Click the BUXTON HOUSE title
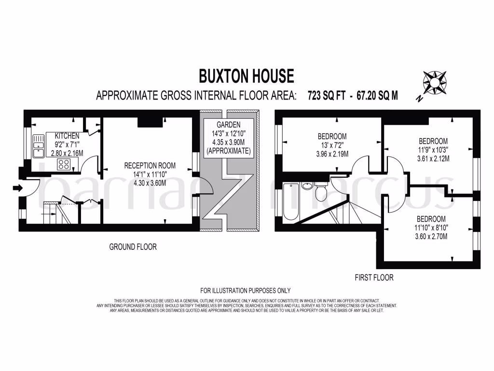[247, 76]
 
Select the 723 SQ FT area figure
[327, 95]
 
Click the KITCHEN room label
[67, 136]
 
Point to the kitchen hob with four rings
[64, 164]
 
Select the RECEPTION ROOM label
[150, 165]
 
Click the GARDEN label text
[228, 125]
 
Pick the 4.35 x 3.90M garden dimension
[228, 143]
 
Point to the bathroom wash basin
[306, 185]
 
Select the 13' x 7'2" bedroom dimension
[332, 145]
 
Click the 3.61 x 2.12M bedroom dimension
[434, 158]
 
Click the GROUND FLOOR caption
[133, 247]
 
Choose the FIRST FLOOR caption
[374, 277]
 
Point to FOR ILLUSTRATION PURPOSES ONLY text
[246, 290]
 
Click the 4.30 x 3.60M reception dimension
[149, 183]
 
